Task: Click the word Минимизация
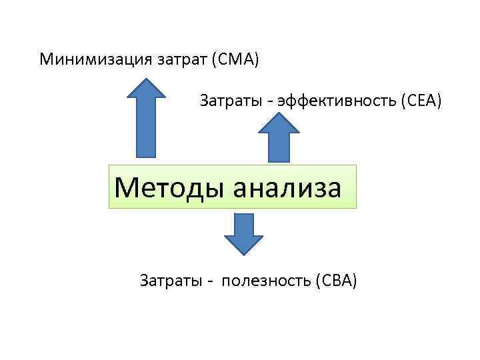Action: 95,60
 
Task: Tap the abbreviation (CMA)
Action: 235,60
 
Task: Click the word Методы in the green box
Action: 170,187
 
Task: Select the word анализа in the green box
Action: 287,187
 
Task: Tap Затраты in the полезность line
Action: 167,281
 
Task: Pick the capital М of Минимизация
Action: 47,60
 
